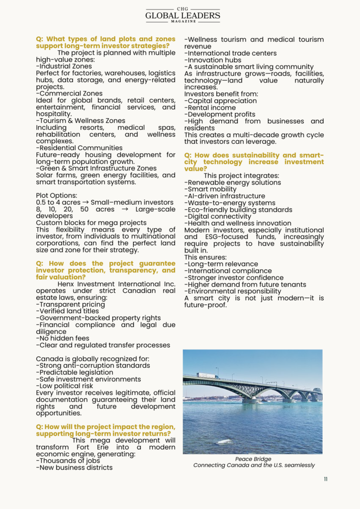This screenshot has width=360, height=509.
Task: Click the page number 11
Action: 325,479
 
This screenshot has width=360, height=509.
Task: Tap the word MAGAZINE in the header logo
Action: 182,22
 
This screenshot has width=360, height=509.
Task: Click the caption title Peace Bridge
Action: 253,459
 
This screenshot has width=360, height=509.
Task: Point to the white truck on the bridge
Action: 207,376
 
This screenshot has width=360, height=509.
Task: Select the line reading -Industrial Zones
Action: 64,66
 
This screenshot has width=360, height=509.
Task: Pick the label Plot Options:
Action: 57,195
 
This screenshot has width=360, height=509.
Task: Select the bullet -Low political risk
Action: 65,386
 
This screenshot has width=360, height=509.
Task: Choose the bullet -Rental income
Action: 210,107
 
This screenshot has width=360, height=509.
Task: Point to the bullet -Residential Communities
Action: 79,148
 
